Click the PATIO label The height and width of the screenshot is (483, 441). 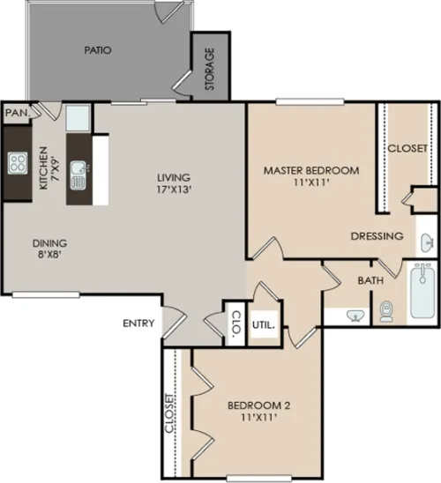98,50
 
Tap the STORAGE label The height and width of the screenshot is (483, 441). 210,69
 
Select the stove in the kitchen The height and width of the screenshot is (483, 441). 18,163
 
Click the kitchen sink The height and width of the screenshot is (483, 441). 79,175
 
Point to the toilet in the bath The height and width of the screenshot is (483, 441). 386,312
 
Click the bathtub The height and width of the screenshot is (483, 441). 423,291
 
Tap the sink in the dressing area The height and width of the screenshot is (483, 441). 427,242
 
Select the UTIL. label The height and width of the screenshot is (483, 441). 264,325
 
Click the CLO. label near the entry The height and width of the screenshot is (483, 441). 235,323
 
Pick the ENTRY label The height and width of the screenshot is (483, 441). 138,323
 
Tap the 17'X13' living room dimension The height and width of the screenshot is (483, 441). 175,189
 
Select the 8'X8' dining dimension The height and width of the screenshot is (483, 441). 50,255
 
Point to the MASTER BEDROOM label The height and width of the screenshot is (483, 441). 311,170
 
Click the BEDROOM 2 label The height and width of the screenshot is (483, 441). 259,405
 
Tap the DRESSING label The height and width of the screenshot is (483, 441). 377,236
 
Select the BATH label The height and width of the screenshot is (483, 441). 370,280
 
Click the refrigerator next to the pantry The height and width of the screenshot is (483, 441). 78,118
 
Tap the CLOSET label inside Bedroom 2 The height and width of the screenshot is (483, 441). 169,413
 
